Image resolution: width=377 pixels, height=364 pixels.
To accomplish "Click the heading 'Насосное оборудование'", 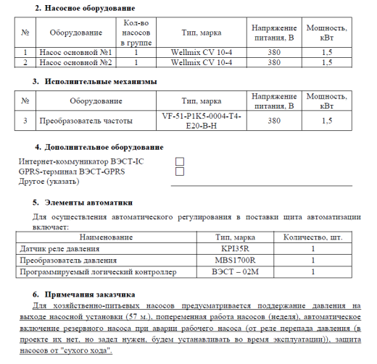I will pos(80,7).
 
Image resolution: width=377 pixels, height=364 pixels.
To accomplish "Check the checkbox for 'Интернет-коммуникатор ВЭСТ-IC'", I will pos(180,161).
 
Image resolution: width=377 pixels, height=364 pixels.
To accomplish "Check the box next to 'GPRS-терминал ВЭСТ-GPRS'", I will pos(180,172).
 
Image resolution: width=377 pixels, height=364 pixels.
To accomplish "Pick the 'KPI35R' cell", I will pos(234,248).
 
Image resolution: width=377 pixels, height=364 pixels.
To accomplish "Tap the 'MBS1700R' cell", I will pos(234,260).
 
